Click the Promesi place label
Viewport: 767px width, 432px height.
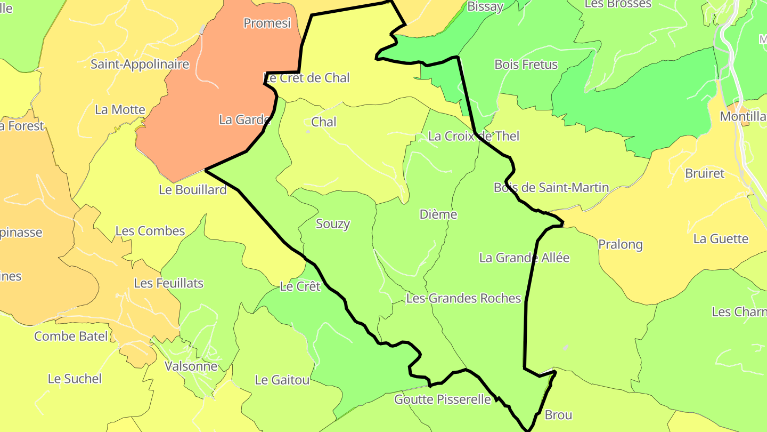coord(267,23)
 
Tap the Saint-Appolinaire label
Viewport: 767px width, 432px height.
coord(140,65)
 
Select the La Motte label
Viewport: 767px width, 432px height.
coord(120,110)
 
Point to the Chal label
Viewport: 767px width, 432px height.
coord(324,122)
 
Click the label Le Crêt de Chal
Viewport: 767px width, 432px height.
coord(307,78)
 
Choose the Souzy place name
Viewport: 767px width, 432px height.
coord(333,223)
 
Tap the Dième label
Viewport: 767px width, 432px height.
coord(438,214)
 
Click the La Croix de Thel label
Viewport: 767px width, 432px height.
coord(474,136)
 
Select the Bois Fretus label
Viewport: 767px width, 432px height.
coord(526,65)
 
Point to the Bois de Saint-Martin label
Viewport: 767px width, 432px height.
coord(551,187)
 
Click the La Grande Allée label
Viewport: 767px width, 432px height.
coord(524,258)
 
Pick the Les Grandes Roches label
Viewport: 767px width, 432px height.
coord(463,298)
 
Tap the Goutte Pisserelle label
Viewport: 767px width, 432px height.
coord(442,399)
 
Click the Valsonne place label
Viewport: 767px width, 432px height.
coord(191,366)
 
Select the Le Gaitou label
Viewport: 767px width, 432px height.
coord(282,380)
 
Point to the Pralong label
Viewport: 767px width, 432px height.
coord(621,244)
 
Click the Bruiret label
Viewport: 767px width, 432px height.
coord(705,173)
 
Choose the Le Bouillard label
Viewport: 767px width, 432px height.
coord(193,190)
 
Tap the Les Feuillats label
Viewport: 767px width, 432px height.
coord(168,283)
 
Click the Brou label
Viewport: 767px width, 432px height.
coord(558,415)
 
